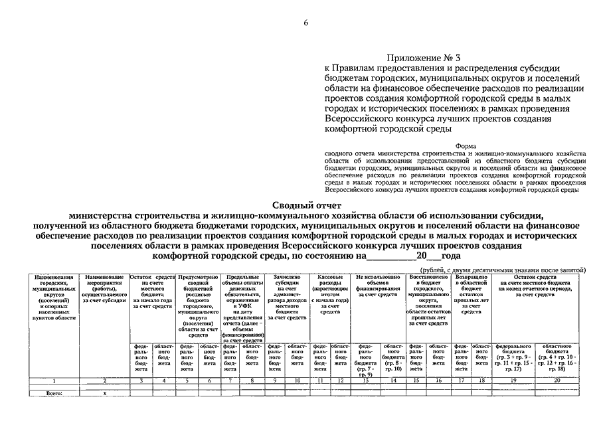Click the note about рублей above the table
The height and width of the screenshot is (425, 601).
tap(493, 270)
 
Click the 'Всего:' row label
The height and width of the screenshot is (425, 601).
tap(52, 394)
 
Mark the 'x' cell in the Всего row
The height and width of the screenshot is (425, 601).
tap(104, 394)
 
